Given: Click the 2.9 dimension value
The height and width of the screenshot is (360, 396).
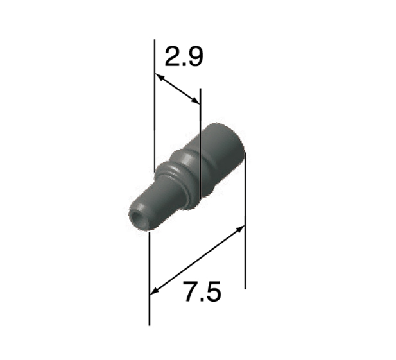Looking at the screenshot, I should click(x=184, y=57).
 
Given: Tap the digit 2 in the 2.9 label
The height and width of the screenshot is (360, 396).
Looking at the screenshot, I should click(x=173, y=57).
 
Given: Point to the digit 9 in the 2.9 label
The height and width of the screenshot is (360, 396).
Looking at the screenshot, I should click(x=195, y=57).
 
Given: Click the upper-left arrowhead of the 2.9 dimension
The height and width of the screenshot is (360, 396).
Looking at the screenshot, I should click(x=159, y=77).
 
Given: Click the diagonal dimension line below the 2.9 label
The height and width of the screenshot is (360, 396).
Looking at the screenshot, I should click(x=178, y=89).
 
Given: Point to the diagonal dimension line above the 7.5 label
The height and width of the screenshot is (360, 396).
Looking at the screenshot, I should click(x=198, y=260).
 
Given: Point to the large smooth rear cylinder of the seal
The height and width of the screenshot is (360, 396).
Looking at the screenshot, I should click(x=221, y=157).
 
